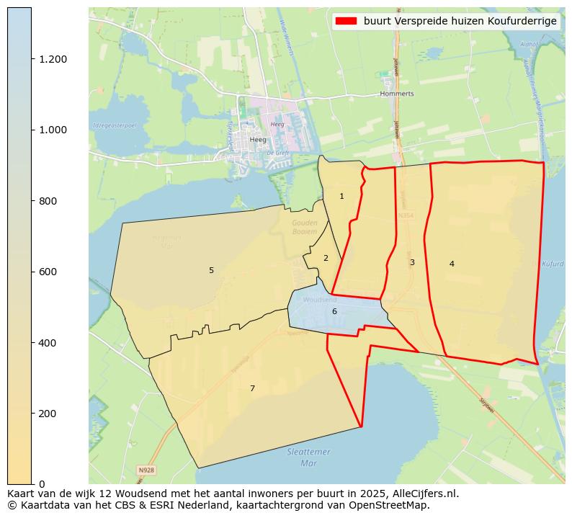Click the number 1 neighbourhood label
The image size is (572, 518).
(341, 196)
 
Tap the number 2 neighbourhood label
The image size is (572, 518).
(326, 258)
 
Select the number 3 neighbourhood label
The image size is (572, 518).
(412, 262)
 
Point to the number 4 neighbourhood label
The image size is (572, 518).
(452, 264)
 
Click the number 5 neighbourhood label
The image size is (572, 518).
(211, 270)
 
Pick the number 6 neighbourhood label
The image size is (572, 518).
(334, 311)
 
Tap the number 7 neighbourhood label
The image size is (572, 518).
(252, 388)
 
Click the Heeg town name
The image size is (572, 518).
(258, 140)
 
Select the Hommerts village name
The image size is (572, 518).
(397, 94)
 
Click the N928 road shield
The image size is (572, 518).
(146, 470)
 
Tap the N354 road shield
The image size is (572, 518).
(406, 215)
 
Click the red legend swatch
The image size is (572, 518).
(346, 22)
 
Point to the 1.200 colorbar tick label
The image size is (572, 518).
(53, 59)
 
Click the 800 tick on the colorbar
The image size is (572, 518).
(48, 201)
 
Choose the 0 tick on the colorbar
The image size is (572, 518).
(43, 484)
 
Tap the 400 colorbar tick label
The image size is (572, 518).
(48, 343)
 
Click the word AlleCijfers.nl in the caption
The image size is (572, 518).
(420, 494)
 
